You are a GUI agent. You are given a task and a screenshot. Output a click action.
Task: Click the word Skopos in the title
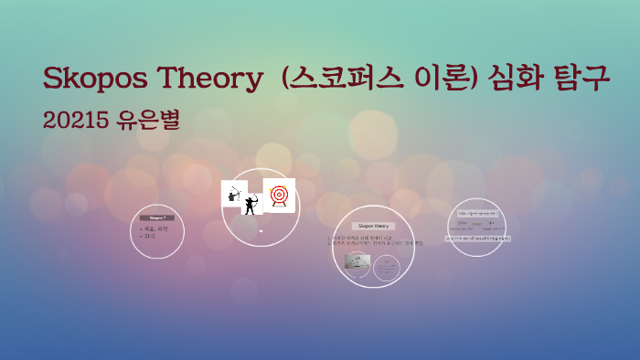pyautogui.click(x=99, y=79)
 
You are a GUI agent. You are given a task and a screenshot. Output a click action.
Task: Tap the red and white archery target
pyautogui.click(x=279, y=195)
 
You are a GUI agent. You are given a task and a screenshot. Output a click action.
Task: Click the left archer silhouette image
pyautogui.click(x=234, y=195)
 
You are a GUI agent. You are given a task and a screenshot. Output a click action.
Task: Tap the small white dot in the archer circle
pyautogui.click(x=261, y=231)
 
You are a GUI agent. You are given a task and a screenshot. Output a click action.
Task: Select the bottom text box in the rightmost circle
pyautogui.click(x=479, y=238)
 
